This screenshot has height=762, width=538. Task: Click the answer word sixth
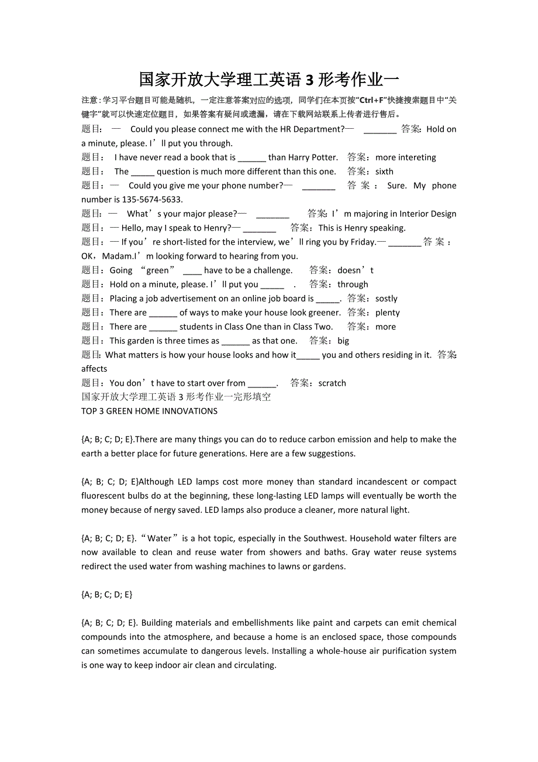click(x=384, y=171)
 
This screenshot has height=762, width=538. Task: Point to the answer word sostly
click(x=386, y=298)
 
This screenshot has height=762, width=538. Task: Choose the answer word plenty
click(x=388, y=313)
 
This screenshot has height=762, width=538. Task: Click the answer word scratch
click(x=332, y=383)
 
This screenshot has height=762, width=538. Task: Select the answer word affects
click(x=94, y=369)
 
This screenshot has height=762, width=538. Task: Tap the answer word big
click(x=343, y=341)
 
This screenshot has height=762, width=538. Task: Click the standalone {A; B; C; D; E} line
click(x=107, y=595)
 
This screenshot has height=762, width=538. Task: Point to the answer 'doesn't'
click(x=356, y=270)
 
